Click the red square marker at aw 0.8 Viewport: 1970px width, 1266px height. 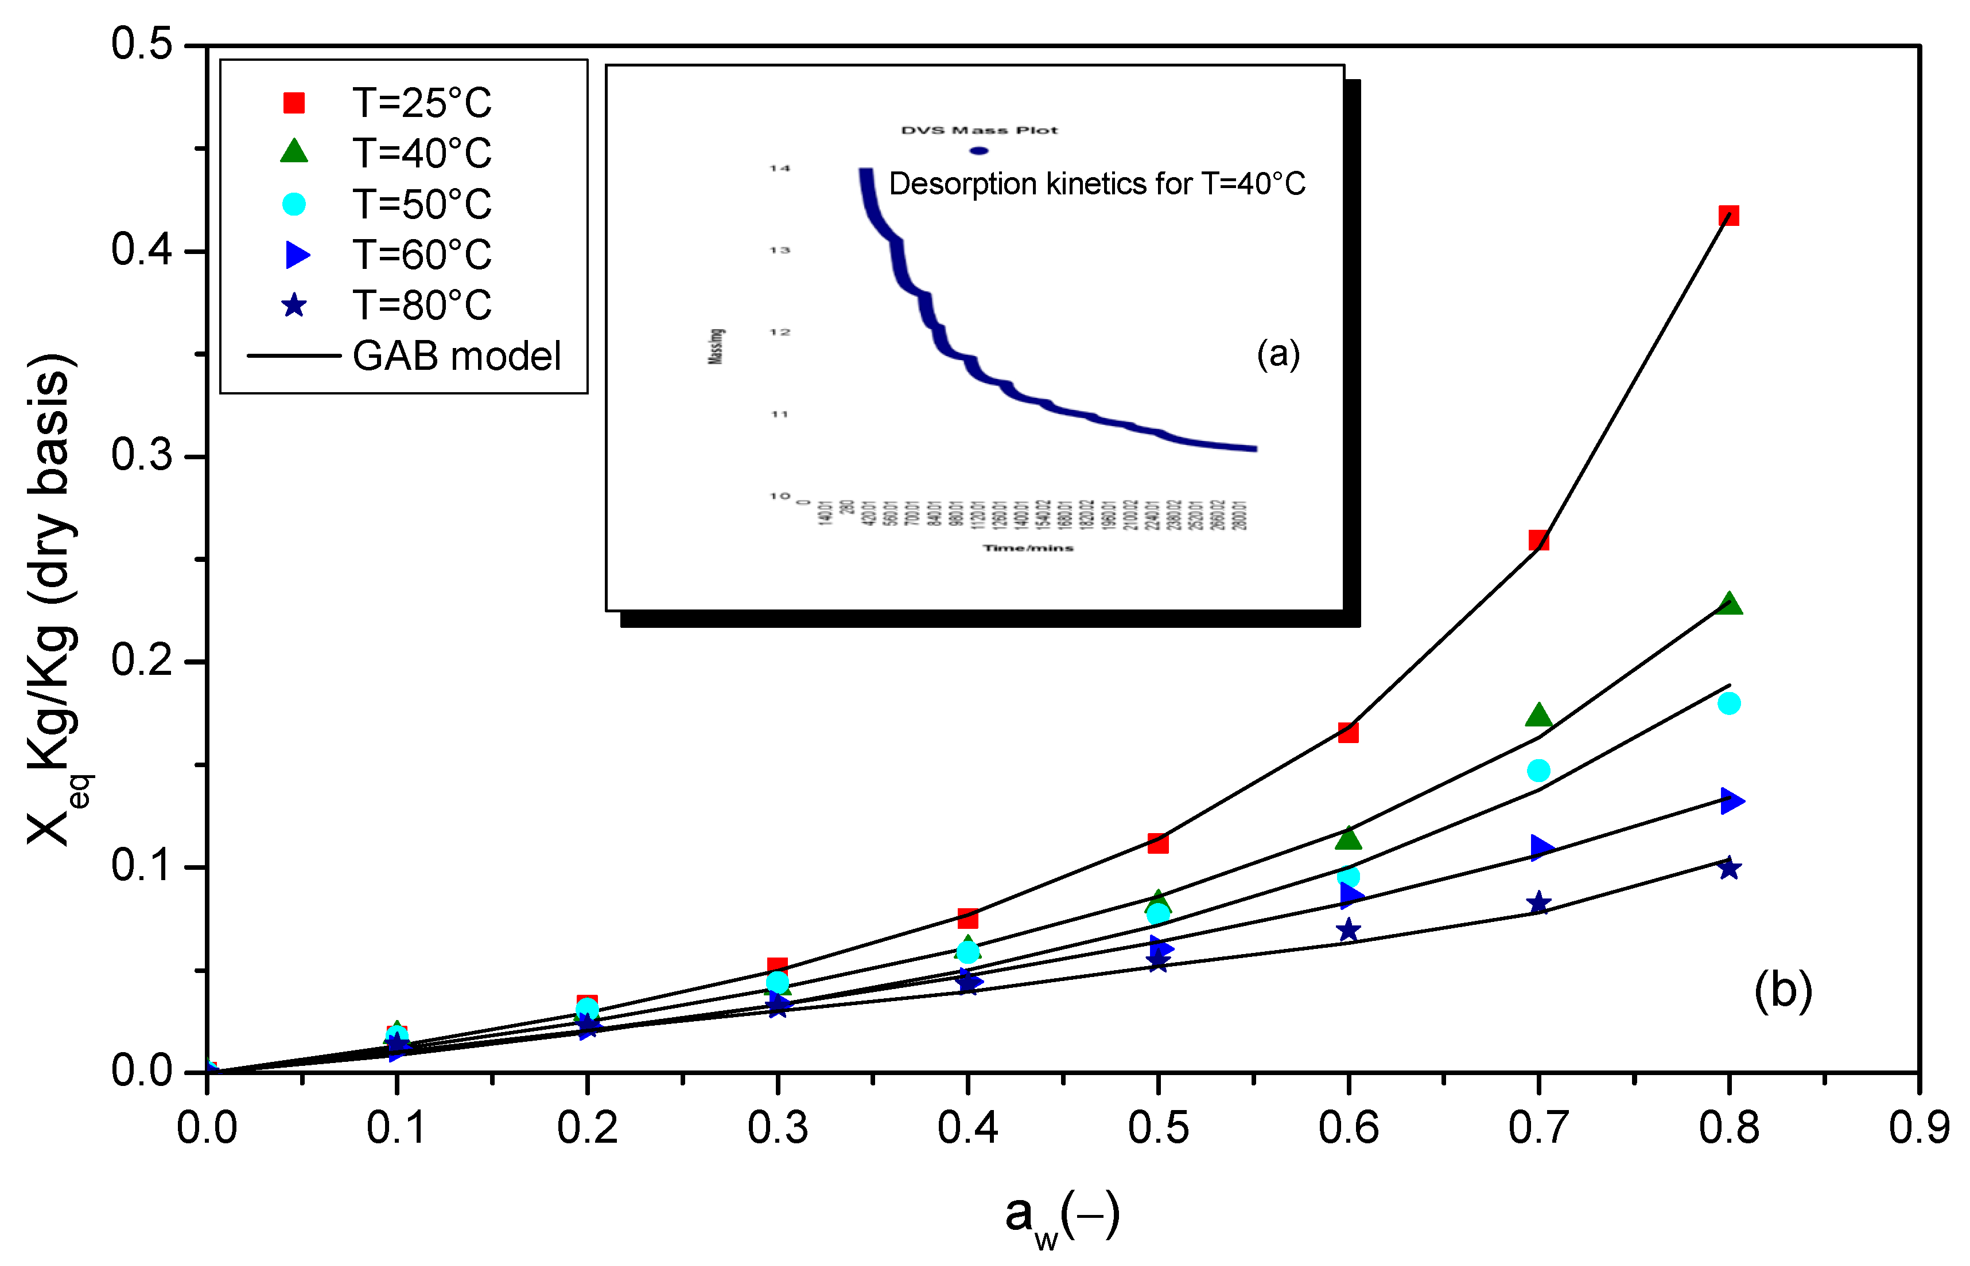point(1728,216)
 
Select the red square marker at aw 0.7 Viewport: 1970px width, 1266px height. point(1538,540)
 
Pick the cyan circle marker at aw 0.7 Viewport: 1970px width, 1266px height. point(1538,770)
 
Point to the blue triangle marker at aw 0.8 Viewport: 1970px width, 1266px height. point(1731,800)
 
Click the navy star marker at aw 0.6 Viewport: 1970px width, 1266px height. point(1348,931)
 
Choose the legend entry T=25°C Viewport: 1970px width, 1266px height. point(422,103)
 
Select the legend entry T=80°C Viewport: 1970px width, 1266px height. point(422,305)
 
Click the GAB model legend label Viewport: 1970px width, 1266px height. point(457,356)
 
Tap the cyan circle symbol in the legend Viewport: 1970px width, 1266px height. point(294,204)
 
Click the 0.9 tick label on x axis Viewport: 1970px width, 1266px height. point(1919,1128)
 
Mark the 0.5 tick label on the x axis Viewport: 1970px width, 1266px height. point(1157,1128)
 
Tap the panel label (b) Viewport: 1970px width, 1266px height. point(1782,991)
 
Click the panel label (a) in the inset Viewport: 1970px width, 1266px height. point(1277,354)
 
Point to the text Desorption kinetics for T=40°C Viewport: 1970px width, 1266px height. point(1097,183)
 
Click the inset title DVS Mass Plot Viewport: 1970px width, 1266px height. point(979,130)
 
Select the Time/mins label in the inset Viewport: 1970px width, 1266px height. point(1028,548)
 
